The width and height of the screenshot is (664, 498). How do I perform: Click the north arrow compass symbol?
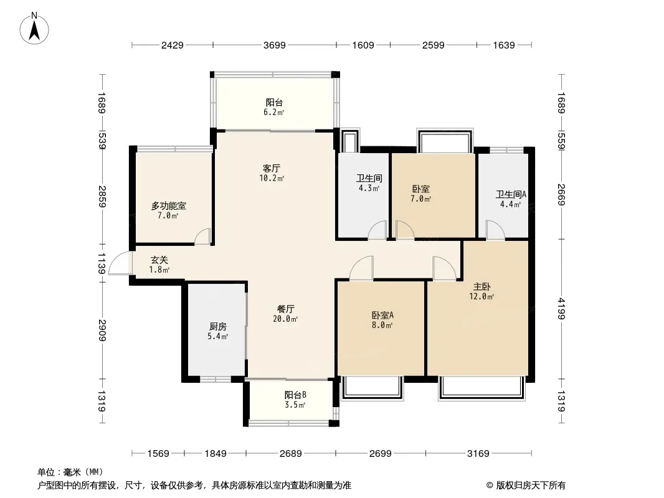point(34,29)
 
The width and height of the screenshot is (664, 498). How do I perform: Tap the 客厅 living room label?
point(272,168)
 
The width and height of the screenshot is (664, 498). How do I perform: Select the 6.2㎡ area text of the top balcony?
point(273,113)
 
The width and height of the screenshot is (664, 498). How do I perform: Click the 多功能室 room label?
point(169,206)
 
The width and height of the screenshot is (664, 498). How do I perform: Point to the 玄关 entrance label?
point(159,260)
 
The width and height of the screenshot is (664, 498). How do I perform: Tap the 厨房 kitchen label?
point(217,327)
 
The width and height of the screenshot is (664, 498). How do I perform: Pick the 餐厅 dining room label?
point(285,309)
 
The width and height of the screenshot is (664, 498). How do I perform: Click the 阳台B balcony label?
point(295,395)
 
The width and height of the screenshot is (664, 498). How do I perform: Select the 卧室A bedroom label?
point(382,315)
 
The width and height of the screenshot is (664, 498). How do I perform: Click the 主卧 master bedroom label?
point(481,287)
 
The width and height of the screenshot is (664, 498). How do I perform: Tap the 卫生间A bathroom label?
point(511,195)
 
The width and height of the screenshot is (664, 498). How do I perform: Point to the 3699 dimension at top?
point(275,45)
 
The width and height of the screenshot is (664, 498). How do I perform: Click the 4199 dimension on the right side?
point(561,309)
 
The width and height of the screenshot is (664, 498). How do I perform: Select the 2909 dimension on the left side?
point(102,330)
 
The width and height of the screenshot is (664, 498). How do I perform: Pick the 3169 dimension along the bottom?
point(478,454)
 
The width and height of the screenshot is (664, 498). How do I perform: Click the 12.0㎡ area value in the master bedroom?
point(481,296)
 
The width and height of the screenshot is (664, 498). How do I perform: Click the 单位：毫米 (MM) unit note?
point(70,472)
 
